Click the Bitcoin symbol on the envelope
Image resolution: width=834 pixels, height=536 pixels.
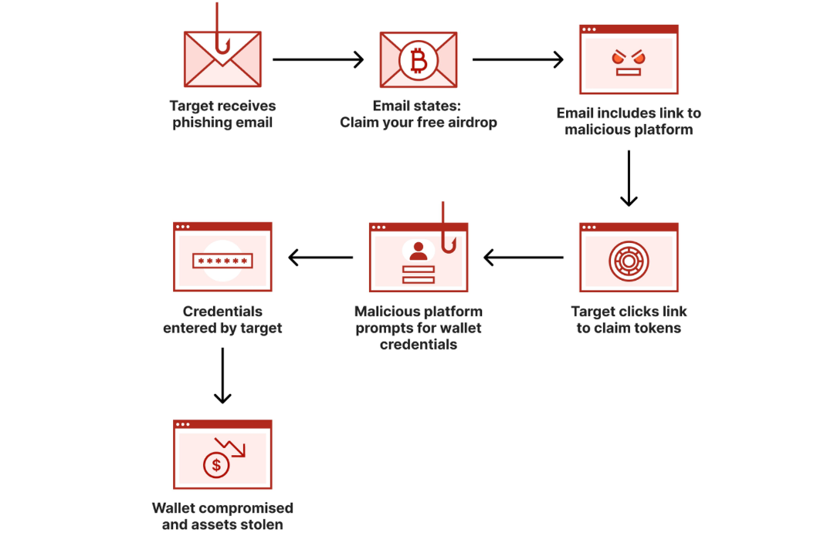[x=418, y=59]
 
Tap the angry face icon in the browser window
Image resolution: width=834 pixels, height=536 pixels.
[x=628, y=62]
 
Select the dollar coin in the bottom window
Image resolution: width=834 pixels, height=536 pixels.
[x=216, y=465]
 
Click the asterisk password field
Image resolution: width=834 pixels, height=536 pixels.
[x=222, y=261]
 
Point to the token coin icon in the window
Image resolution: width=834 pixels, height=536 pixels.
[x=628, y=261]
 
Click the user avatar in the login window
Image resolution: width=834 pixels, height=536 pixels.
[x=419, y=250]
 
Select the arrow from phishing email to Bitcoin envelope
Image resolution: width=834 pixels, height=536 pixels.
[x=318, y=59]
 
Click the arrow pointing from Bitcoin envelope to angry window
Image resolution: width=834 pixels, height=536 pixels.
[x=517, y=59]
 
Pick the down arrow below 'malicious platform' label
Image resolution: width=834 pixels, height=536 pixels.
[x=629, y=178]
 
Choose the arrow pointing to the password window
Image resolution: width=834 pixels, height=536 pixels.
[x=320, y=257]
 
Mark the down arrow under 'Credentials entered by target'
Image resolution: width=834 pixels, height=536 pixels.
[x=222, y=376]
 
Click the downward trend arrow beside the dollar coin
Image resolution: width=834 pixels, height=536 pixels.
[x=231, y=448]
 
